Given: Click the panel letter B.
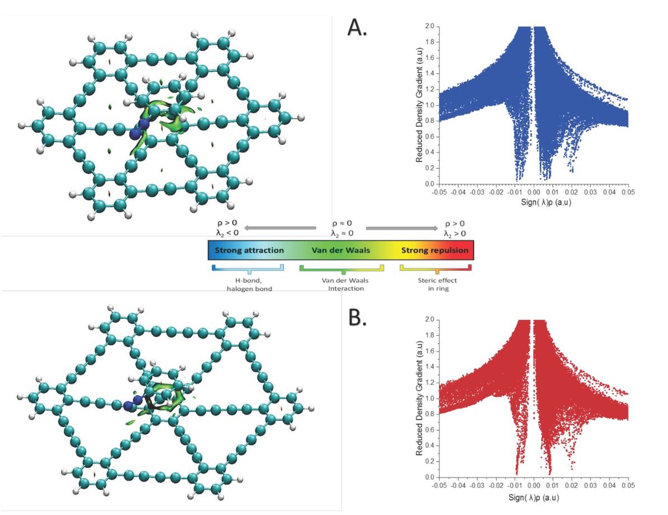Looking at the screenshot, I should coord(357,317).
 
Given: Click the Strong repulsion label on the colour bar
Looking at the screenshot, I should coord(435,250).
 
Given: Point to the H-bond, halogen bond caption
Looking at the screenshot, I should coord(248,283).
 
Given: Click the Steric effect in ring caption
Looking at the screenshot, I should coord(435,283).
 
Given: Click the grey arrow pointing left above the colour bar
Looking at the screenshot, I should coord(279,228).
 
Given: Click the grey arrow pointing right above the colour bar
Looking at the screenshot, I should coord(402,228).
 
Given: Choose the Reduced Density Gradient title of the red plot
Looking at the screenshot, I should coord(419,398).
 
